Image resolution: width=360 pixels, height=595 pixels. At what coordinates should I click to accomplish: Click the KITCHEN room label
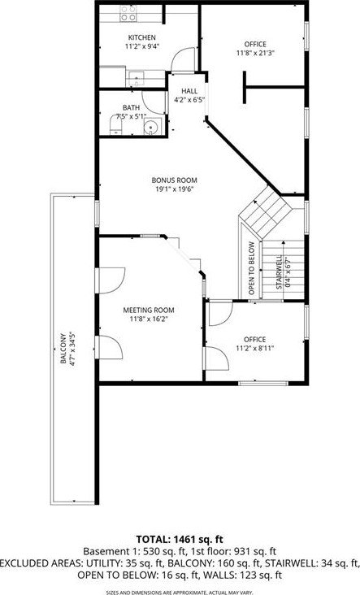[x=142, y=37]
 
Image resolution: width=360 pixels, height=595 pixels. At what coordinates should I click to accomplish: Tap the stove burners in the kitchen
[x=128, y=14]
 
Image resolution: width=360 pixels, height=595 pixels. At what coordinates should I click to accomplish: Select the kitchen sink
[x=135, y=79]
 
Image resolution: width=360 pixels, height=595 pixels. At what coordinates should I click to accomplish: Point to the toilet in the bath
[x=115, y=125]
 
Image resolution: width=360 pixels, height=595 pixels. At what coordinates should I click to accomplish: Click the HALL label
[x=189, y=91]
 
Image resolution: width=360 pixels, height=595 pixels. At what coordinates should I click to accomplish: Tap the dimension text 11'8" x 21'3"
[x=255, y=53]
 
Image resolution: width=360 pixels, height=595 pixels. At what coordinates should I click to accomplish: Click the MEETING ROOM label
[x=149, y=310]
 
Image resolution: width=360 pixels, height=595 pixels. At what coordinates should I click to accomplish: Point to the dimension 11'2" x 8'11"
[x=255, y=348]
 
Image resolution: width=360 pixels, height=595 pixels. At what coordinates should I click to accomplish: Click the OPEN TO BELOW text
[x=251, y=268]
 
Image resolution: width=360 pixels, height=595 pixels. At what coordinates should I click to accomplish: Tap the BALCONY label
[x=63, y=349]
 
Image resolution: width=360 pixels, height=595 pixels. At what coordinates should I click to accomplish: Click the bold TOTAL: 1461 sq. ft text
[x=180, y=539]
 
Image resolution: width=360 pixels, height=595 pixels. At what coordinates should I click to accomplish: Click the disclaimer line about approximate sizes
[x=180, y=593]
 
